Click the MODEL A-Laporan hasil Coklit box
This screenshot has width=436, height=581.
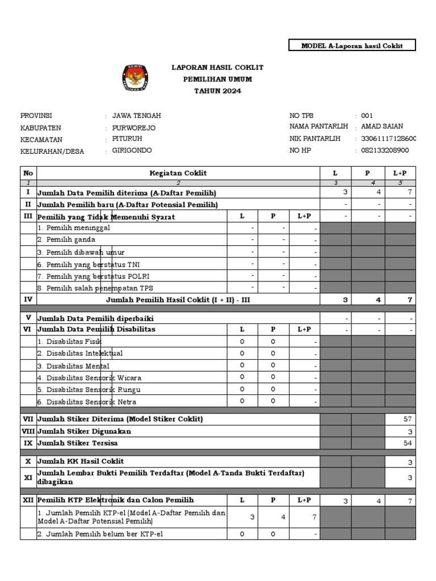click(352, 45)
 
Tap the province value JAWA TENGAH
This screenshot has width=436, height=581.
click(136, 116)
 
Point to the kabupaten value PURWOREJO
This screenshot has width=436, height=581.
click(133, 128)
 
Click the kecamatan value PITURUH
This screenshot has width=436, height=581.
click(127, 139)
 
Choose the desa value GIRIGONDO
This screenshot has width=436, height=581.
click(132, 151)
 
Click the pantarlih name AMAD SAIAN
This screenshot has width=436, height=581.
click(382, 127)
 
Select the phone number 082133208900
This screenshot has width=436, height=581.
click(385, 150)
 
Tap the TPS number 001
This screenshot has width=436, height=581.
click(367, 115)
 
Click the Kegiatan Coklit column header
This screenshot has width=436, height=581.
click(178, 173)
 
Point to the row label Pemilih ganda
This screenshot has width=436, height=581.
click(66, 239)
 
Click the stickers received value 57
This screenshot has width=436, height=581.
click(408, 419)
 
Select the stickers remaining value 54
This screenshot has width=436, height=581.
click(408, 443)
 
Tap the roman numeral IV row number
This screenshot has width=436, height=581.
click(28, 299)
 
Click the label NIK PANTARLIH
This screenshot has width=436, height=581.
click(315, 138)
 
